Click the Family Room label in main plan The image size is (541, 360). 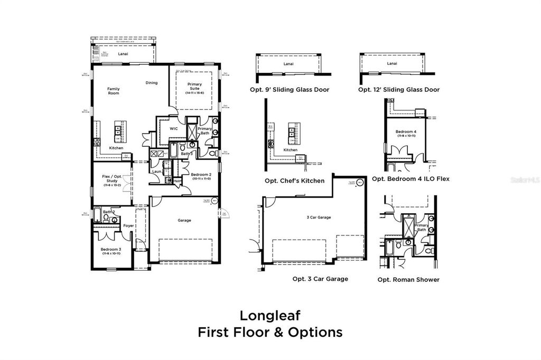pos(114,91)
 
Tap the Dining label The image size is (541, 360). pos(152,83)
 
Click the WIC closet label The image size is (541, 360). pos(173,128)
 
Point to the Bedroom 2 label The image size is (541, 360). pos(201,176)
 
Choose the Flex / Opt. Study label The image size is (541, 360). pos(111,181)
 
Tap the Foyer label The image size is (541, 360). pos(128,225)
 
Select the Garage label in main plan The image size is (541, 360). pos(184,220)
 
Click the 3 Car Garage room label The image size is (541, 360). pos(319,217)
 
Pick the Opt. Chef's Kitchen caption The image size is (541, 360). pos(294,181)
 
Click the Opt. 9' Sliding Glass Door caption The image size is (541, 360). pos(290,90)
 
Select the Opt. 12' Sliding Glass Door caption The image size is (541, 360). pos(399,90)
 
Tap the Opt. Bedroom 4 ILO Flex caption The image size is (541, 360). pos(411,179)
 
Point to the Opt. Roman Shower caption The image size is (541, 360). pos(408,280)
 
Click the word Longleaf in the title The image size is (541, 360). pos(270,315)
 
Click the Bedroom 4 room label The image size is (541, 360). pos(407,131)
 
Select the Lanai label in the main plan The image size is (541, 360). pos(123,53)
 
